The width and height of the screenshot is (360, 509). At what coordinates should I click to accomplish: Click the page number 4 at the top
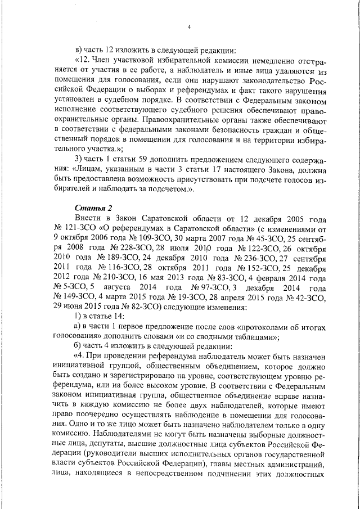189,27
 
